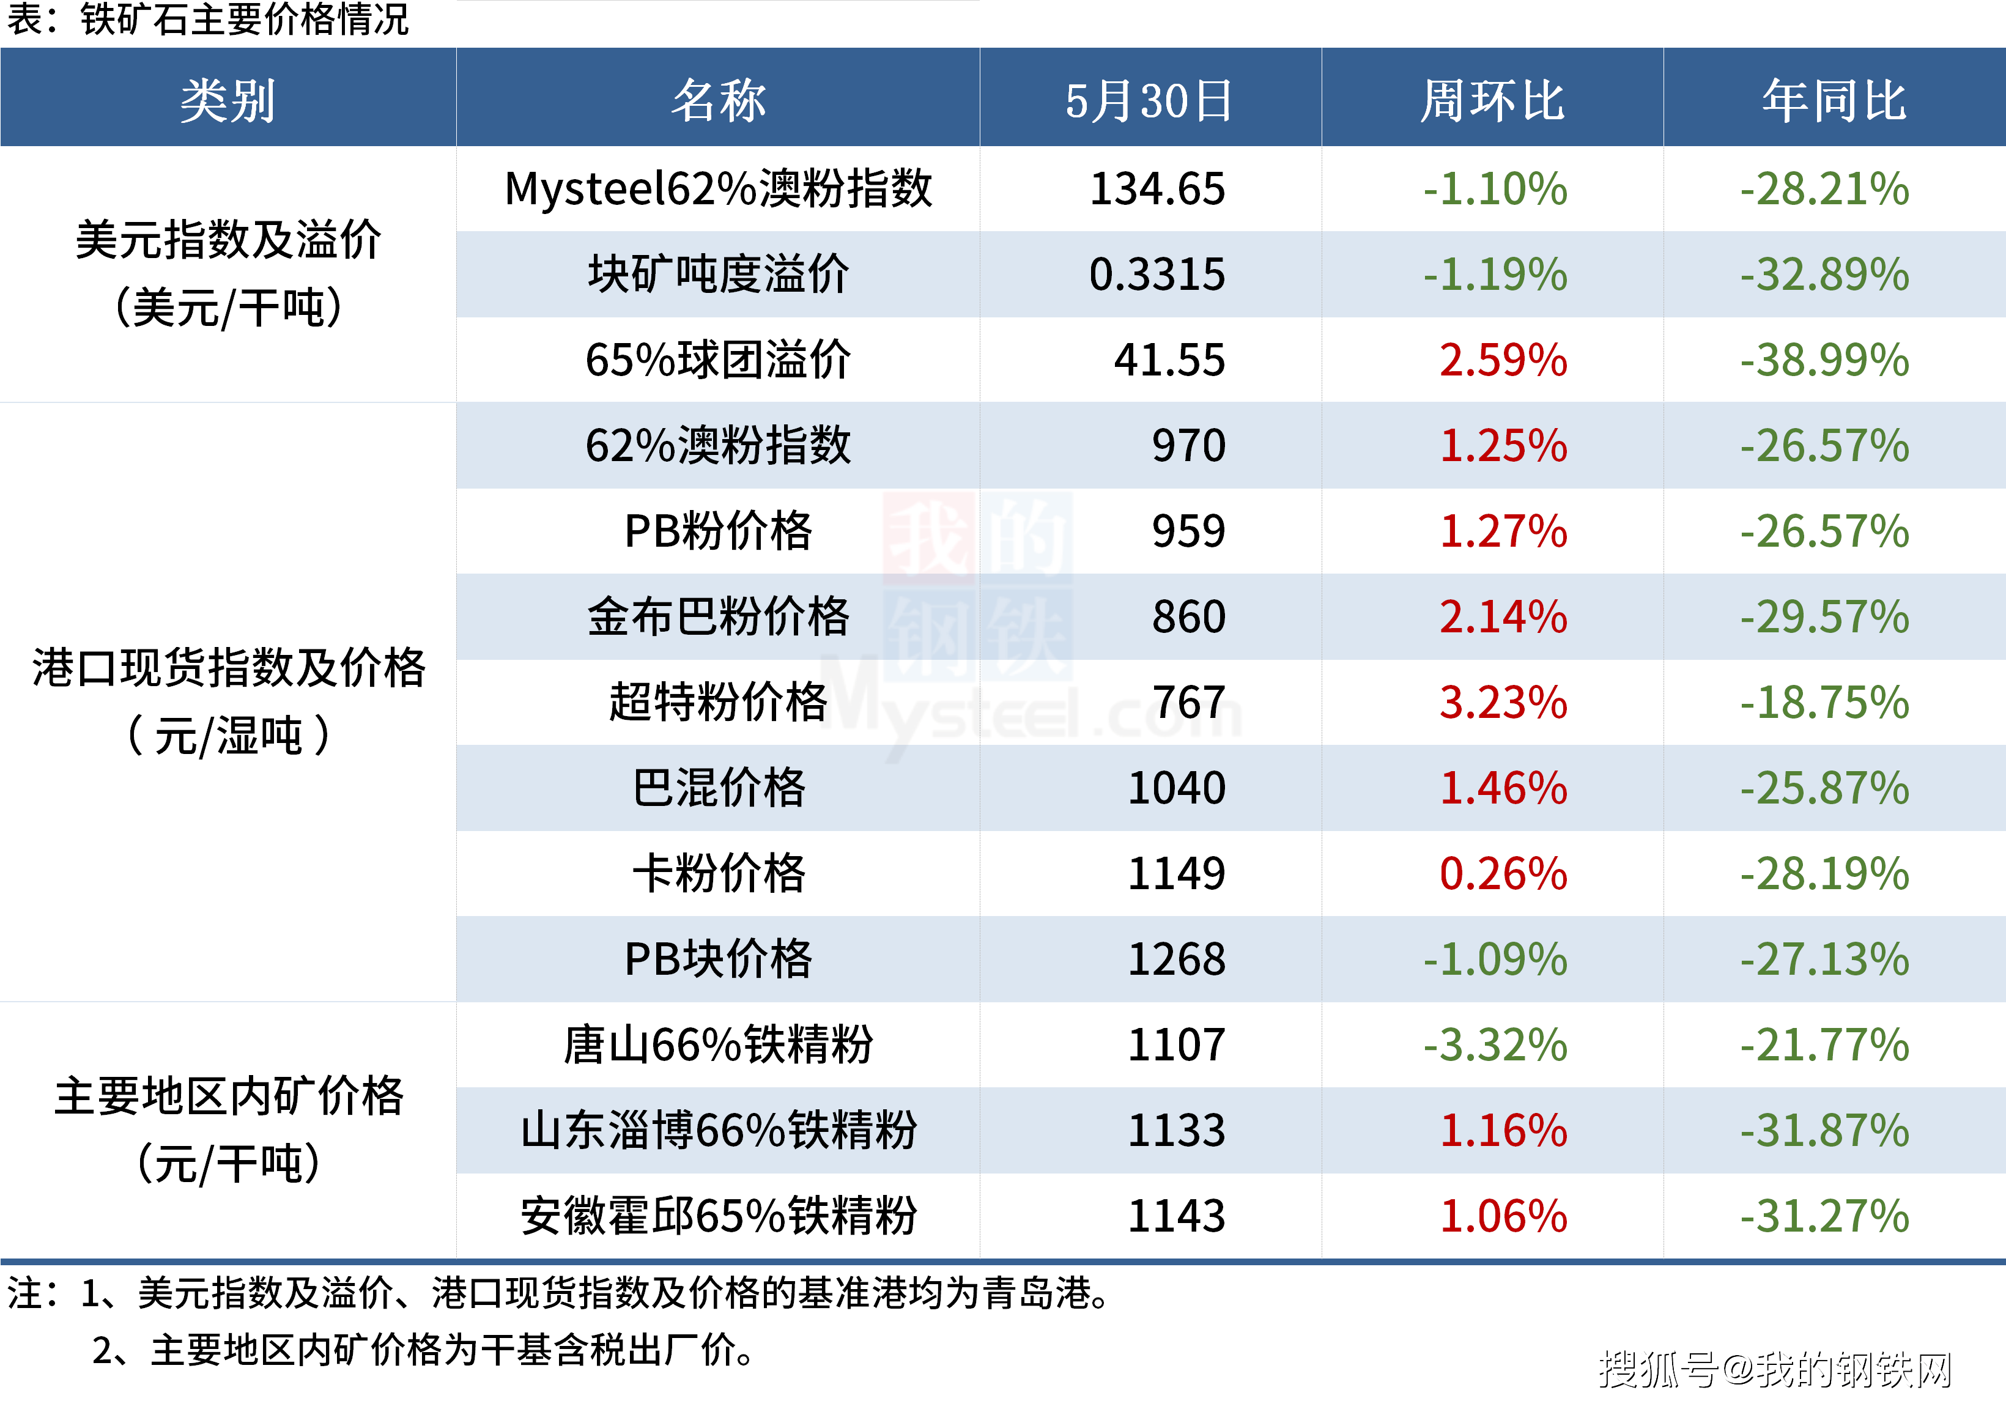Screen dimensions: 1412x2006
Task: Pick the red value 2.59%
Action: pos(1503,360)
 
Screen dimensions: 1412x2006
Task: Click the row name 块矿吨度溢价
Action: pos(718,275)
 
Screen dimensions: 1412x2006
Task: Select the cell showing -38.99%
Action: pos(1824,360)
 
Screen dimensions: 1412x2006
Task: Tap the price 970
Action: pos(1188,446)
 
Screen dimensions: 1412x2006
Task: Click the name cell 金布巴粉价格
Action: pos(718,617)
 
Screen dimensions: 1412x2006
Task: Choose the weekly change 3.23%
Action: pos(1503,703)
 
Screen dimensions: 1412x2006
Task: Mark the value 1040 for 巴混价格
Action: pos(1176,788)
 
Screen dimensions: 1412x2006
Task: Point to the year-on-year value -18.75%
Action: pos(1824,703)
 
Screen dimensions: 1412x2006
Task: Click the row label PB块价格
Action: pos(718,959)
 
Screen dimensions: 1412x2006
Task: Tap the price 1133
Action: pos(1176,1131)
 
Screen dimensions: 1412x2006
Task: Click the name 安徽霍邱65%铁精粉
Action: pos(718,1216)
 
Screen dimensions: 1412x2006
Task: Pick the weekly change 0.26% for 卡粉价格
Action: pos(1503,874)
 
